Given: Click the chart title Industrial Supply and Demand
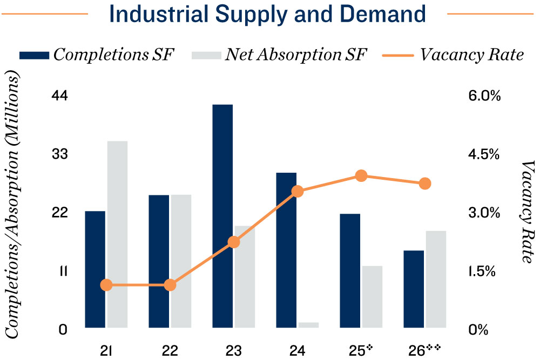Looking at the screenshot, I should pos(269,15).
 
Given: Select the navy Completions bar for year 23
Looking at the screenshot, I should pos(222,216).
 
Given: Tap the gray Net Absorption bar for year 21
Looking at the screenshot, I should pos(117,234).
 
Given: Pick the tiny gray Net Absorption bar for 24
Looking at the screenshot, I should pos(308,325).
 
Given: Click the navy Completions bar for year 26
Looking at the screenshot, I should pos(414,289).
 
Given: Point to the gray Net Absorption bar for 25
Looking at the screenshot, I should pos(372,296).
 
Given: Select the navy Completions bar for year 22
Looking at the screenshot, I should pos(159,261).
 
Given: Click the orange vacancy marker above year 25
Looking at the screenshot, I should pos(362,176).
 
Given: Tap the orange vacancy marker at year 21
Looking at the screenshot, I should pos(106,285).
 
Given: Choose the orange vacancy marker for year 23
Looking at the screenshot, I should pos(234,242).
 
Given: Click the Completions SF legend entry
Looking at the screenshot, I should pos(97,55).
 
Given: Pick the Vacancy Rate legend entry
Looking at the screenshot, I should pos(454,55).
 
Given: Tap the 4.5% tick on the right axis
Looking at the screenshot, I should pos(485,155).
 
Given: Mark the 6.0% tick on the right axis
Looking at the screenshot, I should pos(485,96).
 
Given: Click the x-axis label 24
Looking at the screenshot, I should pos(298,350).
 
